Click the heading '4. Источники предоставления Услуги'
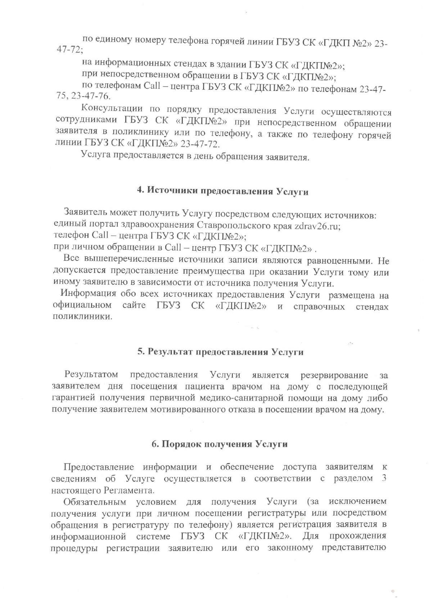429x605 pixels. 223,191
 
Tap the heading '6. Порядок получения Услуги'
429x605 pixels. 220,444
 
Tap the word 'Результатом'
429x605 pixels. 91,375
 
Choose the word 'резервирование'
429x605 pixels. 334,375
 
